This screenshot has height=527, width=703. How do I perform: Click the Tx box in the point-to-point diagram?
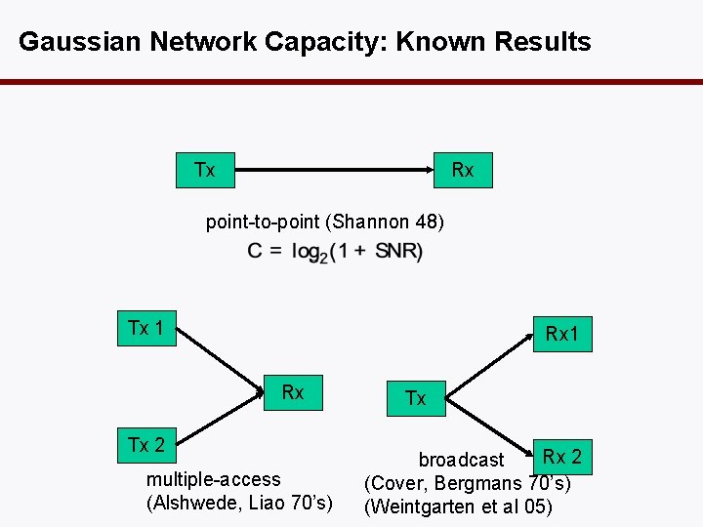[x=204, y=171]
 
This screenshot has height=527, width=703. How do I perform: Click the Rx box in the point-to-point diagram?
[x=463, y=171]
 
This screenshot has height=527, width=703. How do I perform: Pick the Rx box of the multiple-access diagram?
[x=293, y=393]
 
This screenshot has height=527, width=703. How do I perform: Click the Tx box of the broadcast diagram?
[x=416, y=397]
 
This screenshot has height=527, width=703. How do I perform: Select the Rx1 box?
[x=562, y=335]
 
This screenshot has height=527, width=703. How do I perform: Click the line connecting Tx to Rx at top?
[x=332, y=171]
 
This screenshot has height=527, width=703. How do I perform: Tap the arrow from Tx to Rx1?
[x=488, y=366]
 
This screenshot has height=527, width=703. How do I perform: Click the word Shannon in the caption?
[x=369, y=222]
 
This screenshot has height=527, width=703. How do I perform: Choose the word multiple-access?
[x=213, y=479]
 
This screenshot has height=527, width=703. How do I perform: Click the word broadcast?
[x=461, y=460]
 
